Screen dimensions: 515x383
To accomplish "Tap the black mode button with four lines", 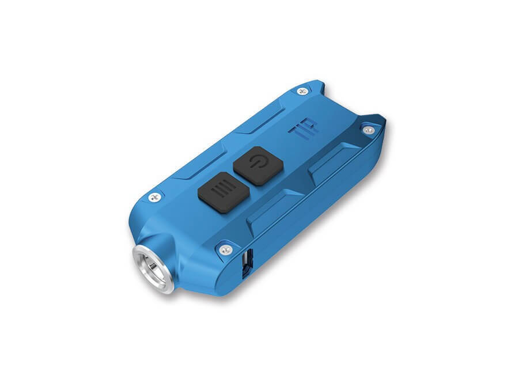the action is [224, 192].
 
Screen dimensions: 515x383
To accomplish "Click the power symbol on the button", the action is [257, 162].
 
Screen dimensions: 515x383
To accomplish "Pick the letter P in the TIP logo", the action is [312, 125].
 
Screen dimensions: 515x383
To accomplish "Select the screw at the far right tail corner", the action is [369, 130].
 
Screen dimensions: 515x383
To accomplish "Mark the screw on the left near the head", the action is [155, 198].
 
